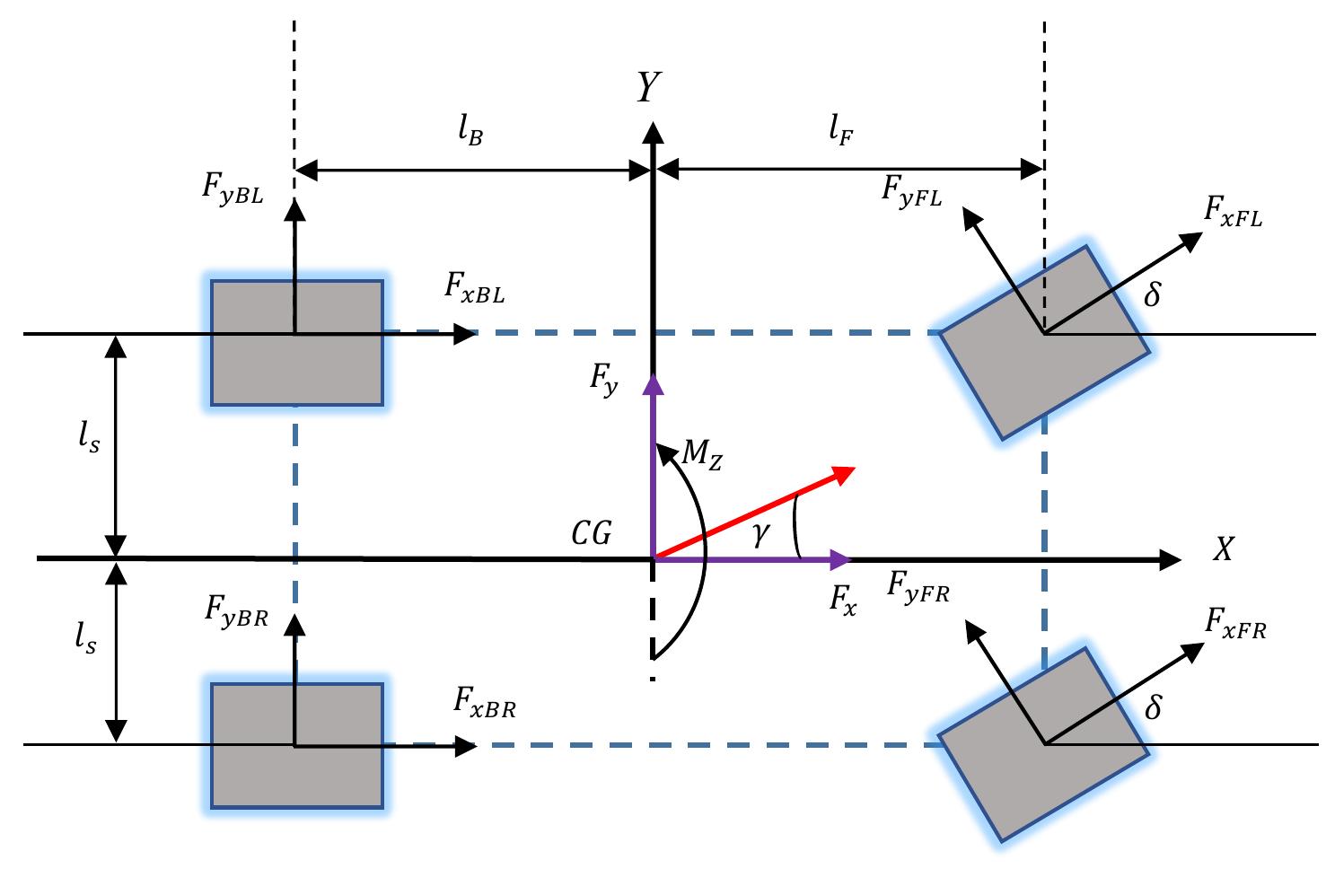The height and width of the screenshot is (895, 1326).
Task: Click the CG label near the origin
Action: [592, 535]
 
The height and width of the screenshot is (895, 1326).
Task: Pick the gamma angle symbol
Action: [761, 534]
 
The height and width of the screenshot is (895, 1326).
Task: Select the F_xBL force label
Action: [475, 287]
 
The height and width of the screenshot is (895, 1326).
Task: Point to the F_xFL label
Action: [1233, 214]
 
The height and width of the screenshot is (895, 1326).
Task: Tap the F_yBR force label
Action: [236, 612]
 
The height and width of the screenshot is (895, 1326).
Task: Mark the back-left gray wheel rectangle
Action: [297, 343]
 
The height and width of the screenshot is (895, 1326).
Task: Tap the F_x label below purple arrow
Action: [842, 601]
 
